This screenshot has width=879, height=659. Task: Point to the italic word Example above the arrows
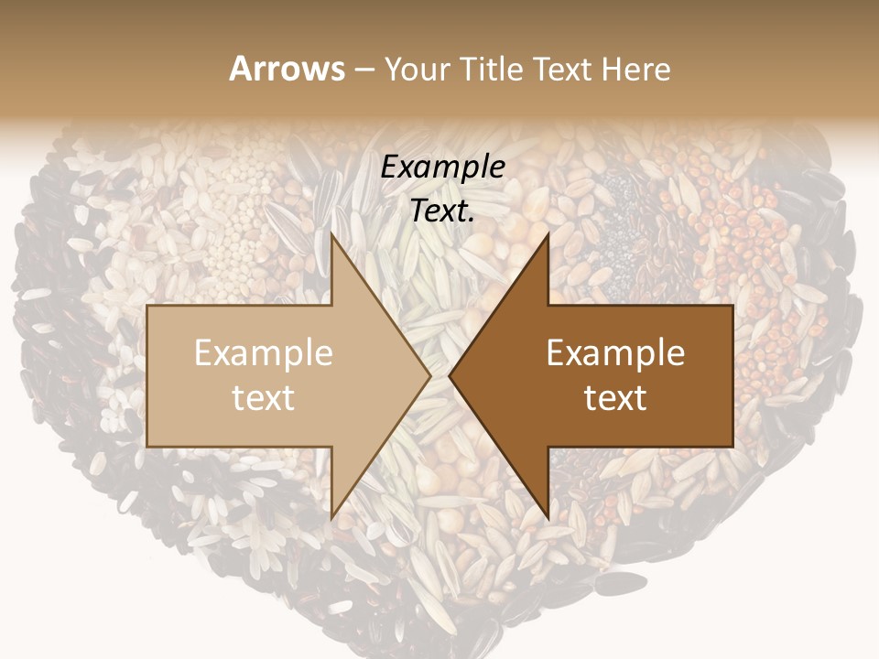click(x=443, y=167)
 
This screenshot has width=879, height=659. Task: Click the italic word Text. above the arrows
click(x=443, y=211)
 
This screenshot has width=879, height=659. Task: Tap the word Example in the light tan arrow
click(x=264, y=353)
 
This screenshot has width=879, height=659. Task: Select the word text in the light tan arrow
click(x=264, y=398)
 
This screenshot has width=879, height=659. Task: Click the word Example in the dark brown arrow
click(x=615, y=353)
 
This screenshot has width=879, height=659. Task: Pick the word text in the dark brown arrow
click(x=615, y=398)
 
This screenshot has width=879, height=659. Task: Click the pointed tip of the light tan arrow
click(x=430, y=375)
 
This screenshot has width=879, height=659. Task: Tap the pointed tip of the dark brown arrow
click(x=450, y=375)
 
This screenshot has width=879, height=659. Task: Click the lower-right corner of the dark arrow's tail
click(x=732, y=447)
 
